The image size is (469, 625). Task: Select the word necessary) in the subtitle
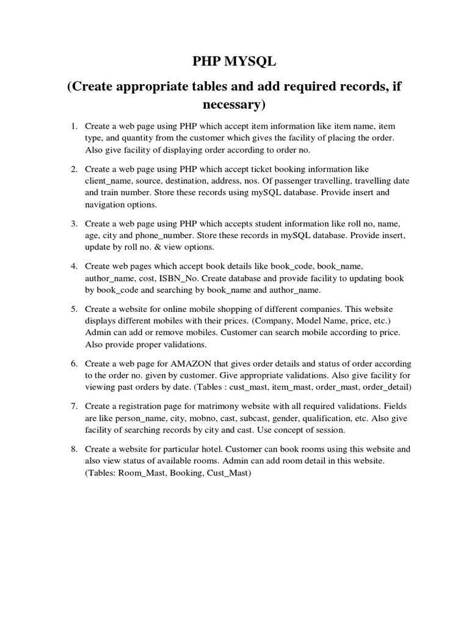point(234,104)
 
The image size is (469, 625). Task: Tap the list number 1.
point(74,126)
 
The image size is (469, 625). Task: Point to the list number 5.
point(74,309)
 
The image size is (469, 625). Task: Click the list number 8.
point(74,449)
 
